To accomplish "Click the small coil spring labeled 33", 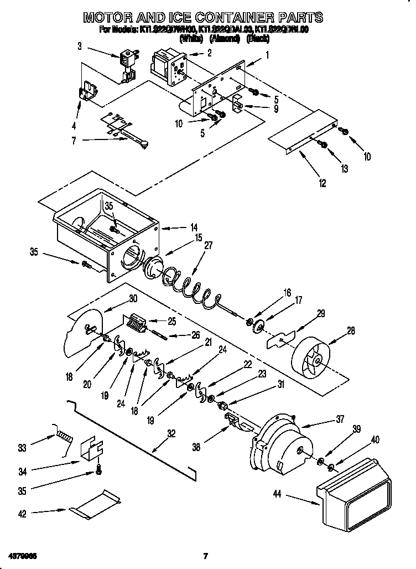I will pyautogui.click(x=64, y=436).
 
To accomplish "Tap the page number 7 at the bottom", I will pyautogui.click(x=205, y=556).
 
